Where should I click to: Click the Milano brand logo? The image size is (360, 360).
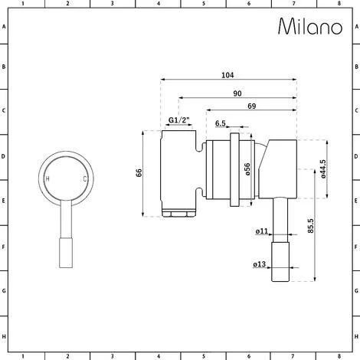[310, 26]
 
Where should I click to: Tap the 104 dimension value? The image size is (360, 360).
[227, 75]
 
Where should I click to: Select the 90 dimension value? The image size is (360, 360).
[237, 93]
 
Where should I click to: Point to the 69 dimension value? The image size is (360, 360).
[252, 106]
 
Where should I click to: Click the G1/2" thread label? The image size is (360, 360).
[179, 119]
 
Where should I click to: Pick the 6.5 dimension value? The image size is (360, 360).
[221, 123]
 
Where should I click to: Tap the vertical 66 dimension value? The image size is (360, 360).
[139, 173]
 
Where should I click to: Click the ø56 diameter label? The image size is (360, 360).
[247, 169]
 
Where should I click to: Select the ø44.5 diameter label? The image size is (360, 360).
[323, 169]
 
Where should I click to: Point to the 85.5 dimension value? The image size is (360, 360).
[310, 225]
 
